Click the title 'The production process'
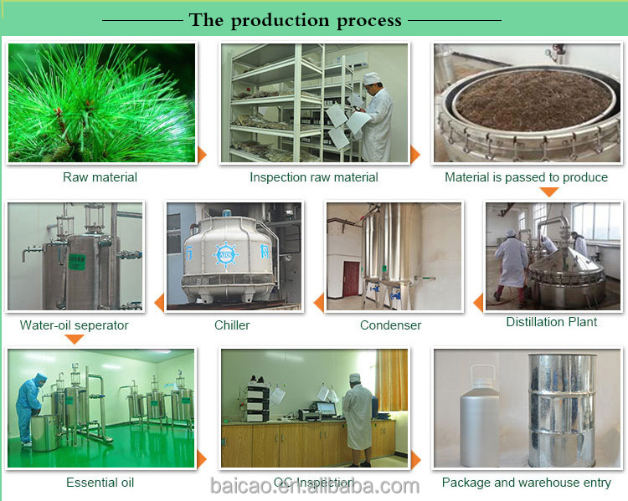296,19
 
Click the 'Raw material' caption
100,177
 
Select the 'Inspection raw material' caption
313,177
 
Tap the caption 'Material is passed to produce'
526,177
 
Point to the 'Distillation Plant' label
552,322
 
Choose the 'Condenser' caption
390,325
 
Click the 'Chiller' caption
232,325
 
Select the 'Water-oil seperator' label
74,325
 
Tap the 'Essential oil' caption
100,483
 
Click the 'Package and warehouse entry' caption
527,483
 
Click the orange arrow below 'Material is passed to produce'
548,192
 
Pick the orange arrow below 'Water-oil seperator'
75,339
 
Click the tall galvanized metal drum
562,410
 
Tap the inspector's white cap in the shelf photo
372,78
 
